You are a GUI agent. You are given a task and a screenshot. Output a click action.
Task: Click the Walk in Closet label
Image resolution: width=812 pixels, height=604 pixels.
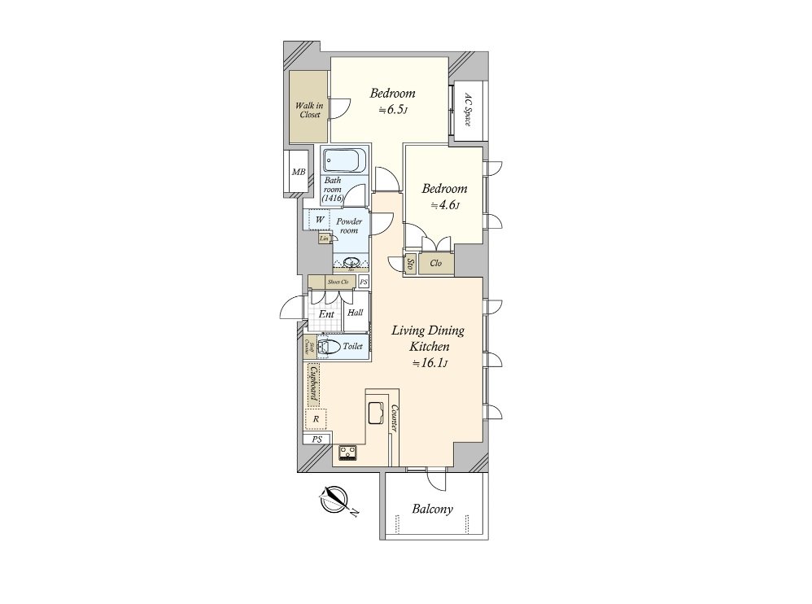308,110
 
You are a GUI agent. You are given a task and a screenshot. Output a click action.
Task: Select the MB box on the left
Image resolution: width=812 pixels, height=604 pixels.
298,172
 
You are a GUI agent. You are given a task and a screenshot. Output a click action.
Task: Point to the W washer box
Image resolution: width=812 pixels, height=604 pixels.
320,221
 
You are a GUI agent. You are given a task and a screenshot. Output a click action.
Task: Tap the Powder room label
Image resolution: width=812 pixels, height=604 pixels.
349,225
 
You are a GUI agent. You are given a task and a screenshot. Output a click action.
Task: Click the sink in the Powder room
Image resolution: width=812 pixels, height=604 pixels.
352,262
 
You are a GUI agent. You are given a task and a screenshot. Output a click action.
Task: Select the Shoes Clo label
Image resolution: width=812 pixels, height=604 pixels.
338,282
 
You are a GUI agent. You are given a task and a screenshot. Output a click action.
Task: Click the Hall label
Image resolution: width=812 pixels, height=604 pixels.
356,313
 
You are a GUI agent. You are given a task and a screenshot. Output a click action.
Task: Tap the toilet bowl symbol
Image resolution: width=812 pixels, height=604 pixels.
327,347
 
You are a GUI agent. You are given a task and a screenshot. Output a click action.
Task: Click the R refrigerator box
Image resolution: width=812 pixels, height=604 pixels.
316,419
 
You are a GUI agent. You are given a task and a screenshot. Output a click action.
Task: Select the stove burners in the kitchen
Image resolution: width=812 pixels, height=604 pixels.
348,452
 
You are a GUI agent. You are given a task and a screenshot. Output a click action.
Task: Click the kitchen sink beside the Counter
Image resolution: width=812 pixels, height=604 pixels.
377,414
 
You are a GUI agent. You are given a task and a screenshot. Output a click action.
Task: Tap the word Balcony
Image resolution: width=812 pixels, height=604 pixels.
432,510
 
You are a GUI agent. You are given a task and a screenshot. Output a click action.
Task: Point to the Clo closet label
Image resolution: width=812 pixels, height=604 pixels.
435,263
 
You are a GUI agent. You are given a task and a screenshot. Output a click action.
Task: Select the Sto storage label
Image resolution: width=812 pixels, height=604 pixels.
410,264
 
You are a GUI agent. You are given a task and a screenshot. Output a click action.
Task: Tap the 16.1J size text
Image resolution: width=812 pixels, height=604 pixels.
428,363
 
